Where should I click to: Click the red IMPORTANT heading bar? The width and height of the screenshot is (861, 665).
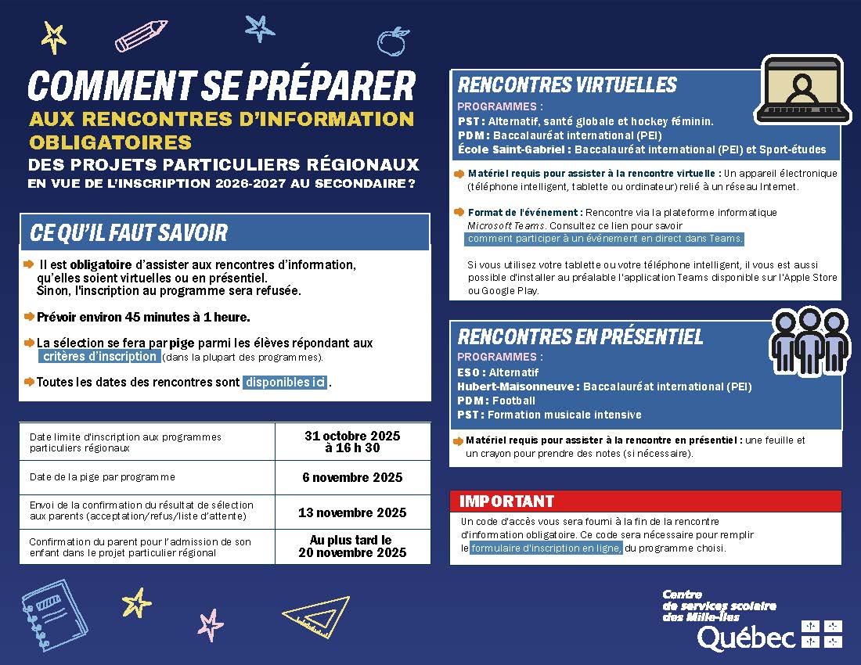(646, 501)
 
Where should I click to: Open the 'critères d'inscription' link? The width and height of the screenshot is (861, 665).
(99, 357)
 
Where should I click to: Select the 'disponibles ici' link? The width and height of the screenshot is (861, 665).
(285, 383)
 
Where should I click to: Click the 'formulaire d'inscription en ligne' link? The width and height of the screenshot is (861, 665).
(546, 548)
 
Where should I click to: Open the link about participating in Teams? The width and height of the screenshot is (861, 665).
(605, 239)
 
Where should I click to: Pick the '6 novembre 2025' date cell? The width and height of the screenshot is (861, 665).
(352, 477)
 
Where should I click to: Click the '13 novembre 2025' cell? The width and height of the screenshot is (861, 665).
(352, 512)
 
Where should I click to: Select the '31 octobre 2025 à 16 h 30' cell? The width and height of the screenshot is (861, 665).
(352, 442)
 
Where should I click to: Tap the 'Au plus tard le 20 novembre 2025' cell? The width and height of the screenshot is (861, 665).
(352, 546)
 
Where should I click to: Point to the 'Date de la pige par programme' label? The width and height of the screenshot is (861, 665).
(103, 477)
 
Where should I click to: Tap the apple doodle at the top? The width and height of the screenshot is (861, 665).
(393, 41)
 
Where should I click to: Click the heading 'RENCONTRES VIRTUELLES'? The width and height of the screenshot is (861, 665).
(567, 84)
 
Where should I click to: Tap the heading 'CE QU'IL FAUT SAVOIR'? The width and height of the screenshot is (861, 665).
(129, 232)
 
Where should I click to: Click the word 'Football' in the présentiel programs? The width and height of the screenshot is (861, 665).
(514, 401)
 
